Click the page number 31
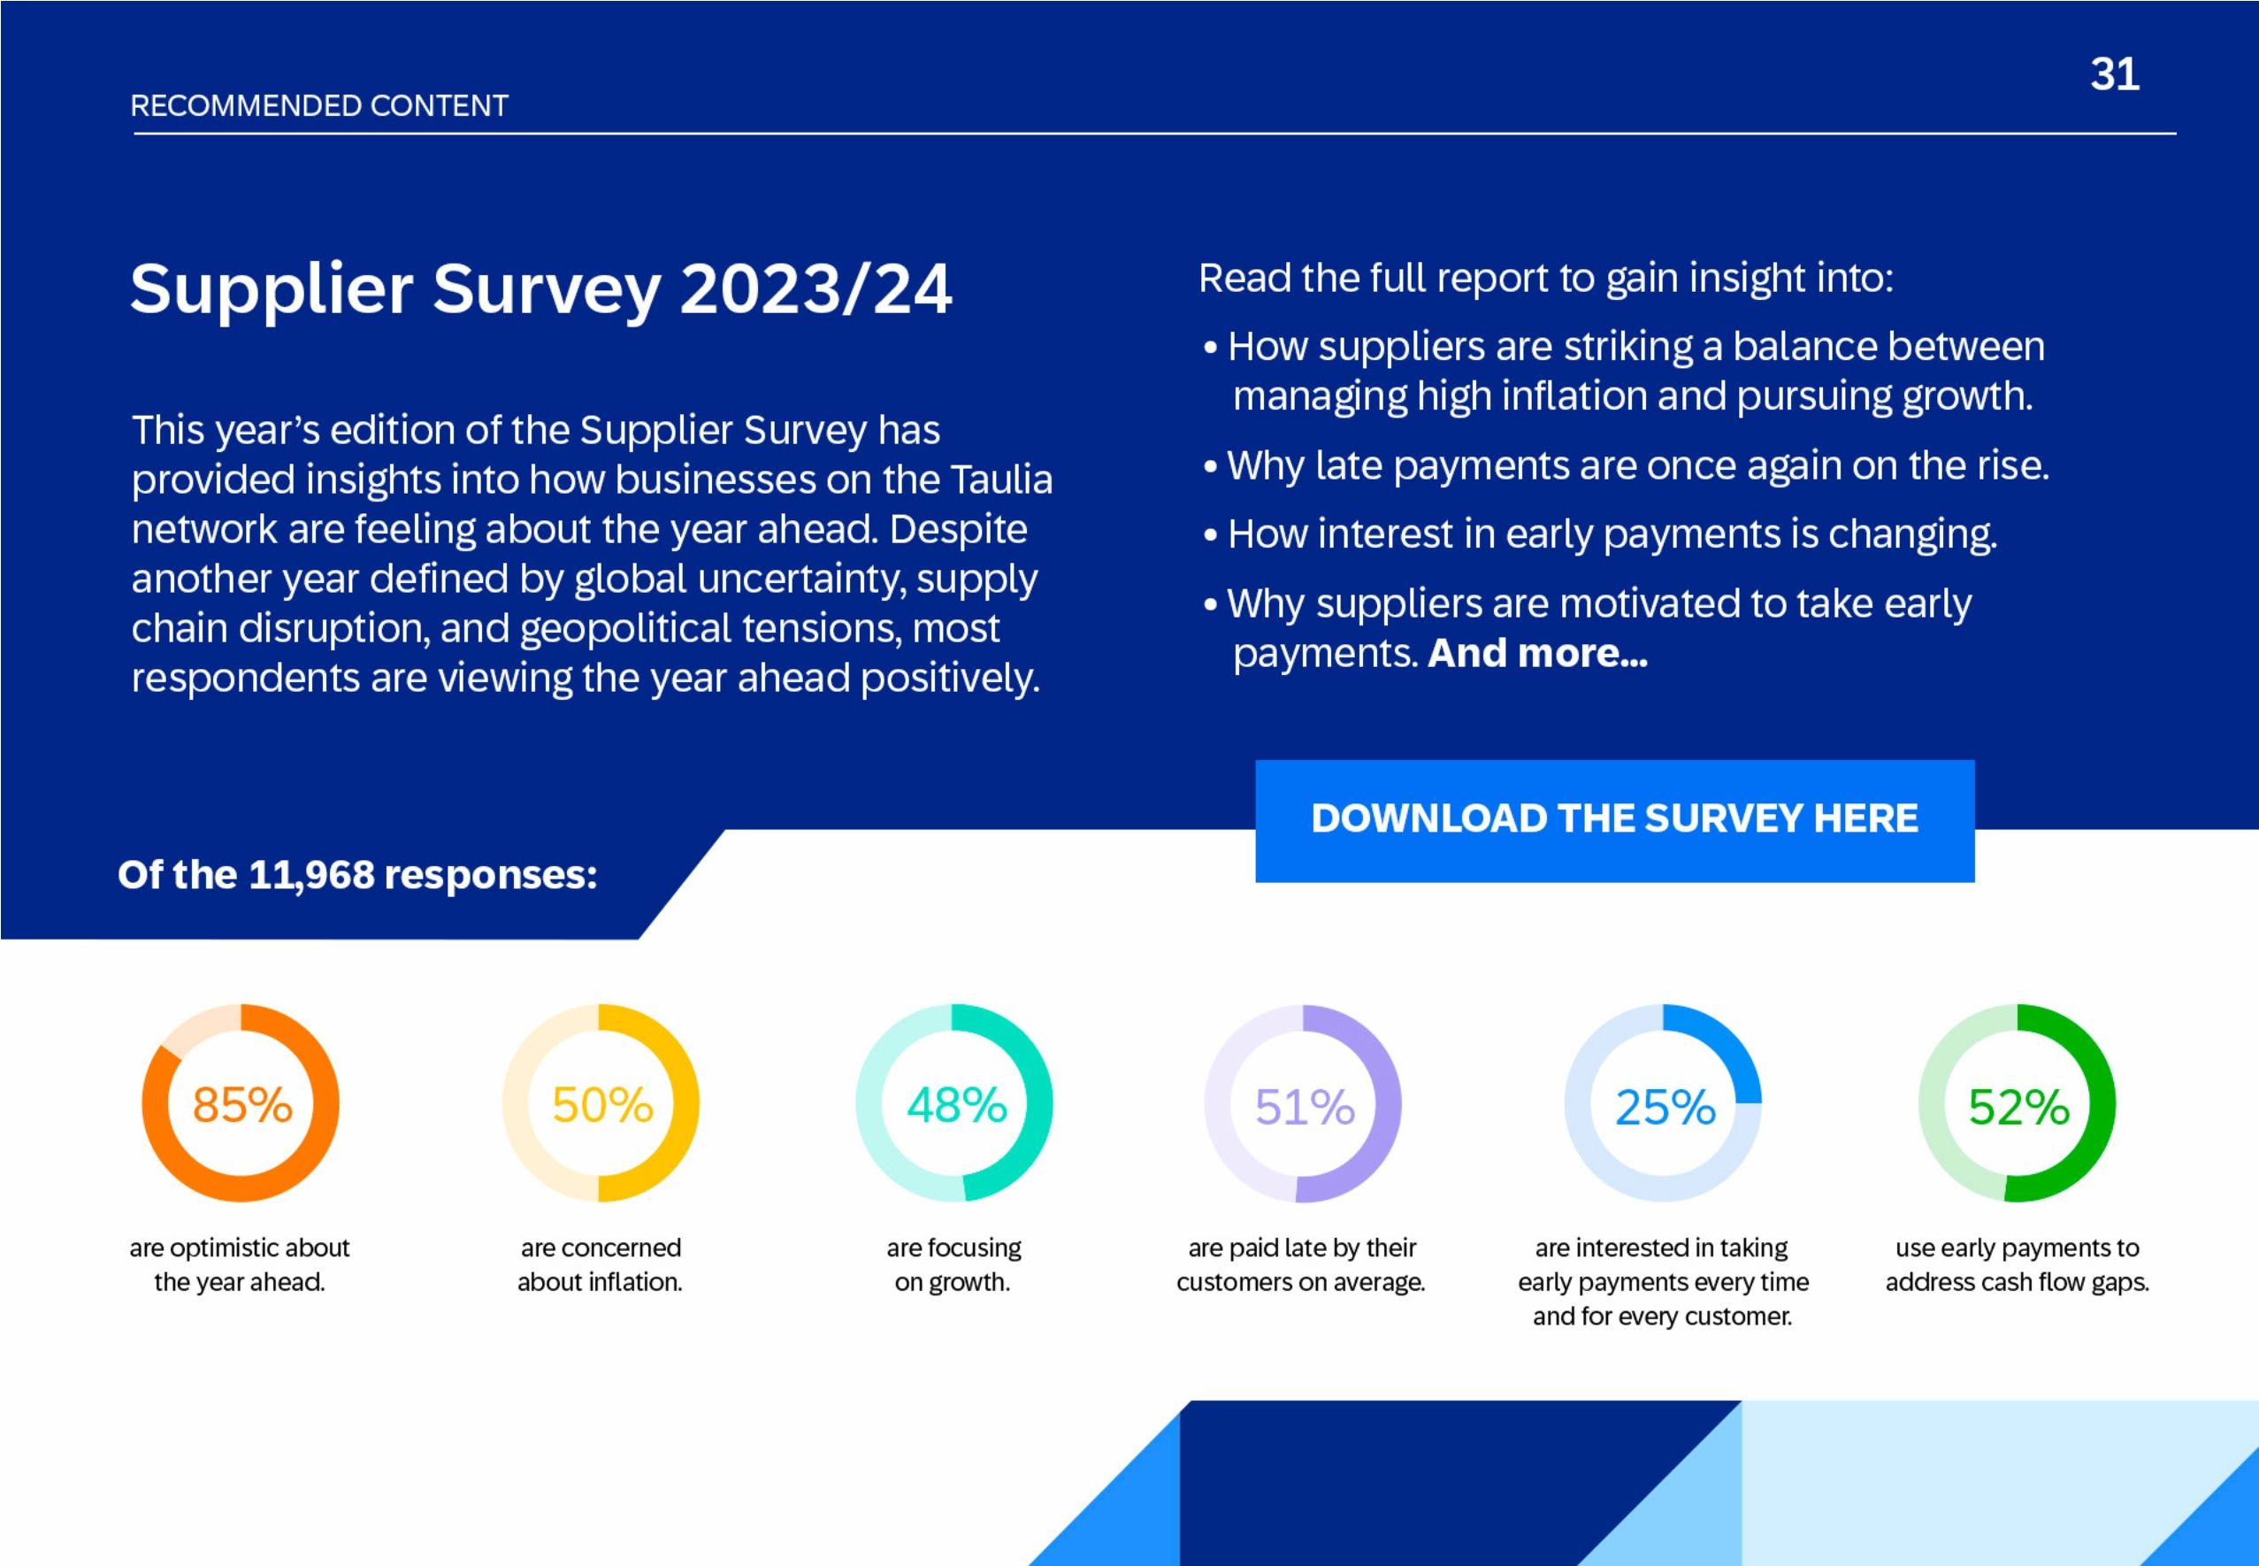click(2114, 74)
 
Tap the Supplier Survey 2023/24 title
click(540, 288)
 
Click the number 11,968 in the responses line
click(311, 874)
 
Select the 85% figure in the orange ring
click(241, 1105)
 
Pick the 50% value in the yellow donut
click(601, 1105)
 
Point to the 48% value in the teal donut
click(955, 1105)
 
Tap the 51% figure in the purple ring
click(1304, 1107)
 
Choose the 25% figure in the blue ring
click(1665, 1107)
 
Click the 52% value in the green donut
click(2018, 1107)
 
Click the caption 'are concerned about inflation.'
click(601, 1265)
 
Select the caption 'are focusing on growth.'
click(953, 1265)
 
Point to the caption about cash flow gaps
click(2017, 1265)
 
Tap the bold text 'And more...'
click(1537, 654)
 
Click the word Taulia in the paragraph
click(1000, 480)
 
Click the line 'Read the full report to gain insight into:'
click(1545, 279)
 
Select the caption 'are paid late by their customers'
click(1301, 1265)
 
